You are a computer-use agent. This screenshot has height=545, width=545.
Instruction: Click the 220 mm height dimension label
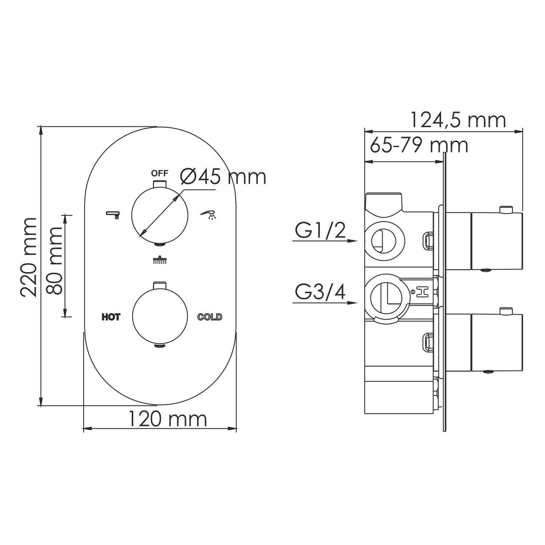(28, 257)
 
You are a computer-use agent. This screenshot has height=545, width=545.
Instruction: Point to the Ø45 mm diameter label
(223, 177)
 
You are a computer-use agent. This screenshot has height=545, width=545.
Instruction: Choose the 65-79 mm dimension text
(419, 145)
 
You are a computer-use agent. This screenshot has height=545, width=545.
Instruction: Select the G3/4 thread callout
(320, 292)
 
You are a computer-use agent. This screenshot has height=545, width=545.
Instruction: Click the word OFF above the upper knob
(160, 173)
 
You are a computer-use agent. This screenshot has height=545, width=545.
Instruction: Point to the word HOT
(111, 317)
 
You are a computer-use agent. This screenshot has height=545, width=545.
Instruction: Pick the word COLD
(210, 317)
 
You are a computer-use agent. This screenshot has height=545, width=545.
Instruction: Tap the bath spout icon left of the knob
(113, 214)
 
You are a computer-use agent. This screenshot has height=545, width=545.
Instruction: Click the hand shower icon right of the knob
(208, 214)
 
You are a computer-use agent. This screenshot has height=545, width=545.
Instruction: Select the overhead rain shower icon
(160, 260)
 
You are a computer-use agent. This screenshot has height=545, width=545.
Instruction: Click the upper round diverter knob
(160, 215)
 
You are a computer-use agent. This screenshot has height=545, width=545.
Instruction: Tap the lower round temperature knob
(160, 316)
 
